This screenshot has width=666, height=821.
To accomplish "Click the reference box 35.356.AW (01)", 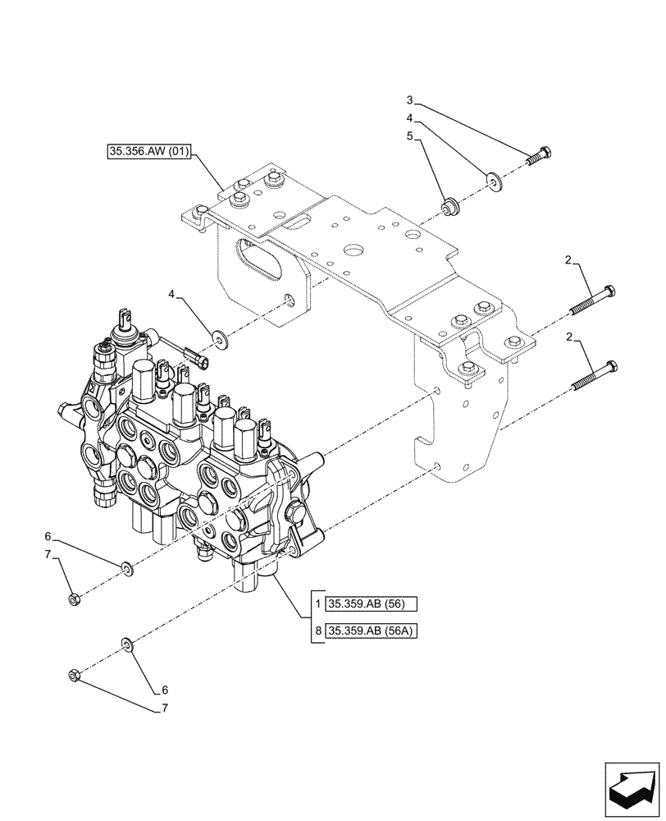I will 148,152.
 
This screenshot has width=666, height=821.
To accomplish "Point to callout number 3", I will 410,100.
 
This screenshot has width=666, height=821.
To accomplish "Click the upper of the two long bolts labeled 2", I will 592,301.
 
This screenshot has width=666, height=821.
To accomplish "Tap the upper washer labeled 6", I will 126,566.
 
